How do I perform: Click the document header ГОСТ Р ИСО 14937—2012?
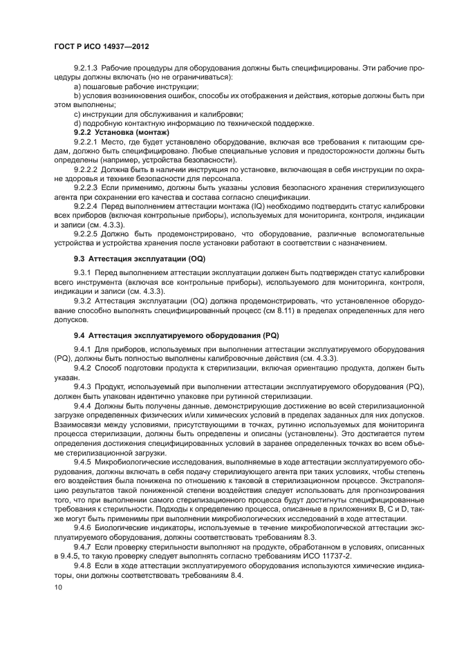(102, 46)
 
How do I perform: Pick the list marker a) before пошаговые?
(77, 87)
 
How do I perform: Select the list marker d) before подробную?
(77, 123)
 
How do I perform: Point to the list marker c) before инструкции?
(77, 114)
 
